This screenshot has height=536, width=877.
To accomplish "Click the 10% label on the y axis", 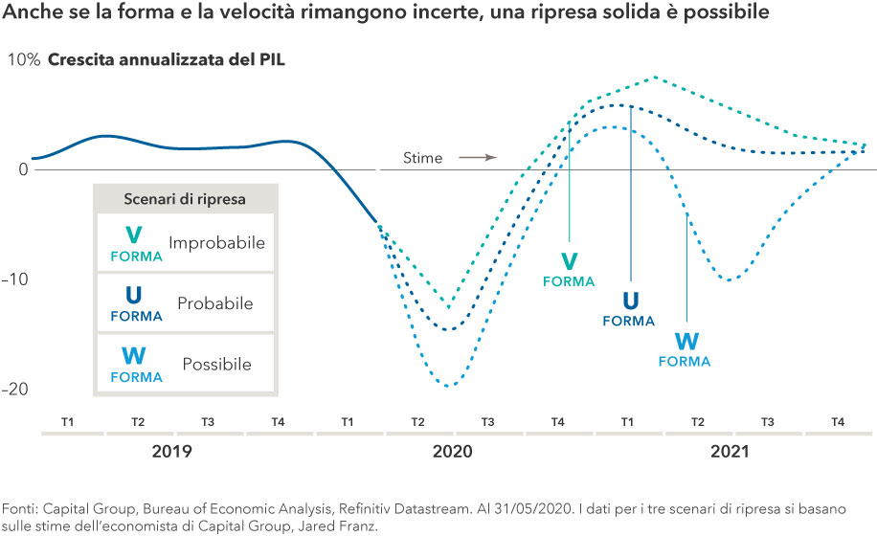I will [x=24, y=59].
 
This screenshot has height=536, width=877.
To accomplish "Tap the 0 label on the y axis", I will [x=24, y=170].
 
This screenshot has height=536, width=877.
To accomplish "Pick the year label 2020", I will [x=452, y=451].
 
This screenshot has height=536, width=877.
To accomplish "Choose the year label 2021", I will [x=731, y=451].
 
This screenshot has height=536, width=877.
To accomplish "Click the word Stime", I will [x=422, y=158].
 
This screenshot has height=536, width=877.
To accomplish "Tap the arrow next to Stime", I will [x=477, y=157].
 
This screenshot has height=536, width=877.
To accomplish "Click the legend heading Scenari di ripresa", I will [x=186, y=199].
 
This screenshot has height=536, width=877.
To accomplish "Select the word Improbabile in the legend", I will [x=216, y=243].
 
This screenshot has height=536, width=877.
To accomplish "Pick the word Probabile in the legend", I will [x=215, y=303].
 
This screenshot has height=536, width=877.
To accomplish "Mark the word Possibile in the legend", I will [x=216, y=365].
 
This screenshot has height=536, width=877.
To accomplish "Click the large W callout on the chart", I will [x=686, y=342].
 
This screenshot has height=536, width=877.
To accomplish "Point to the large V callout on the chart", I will [x=569, y=261].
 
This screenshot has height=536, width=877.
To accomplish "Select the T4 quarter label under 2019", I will [x=278, y=422].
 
